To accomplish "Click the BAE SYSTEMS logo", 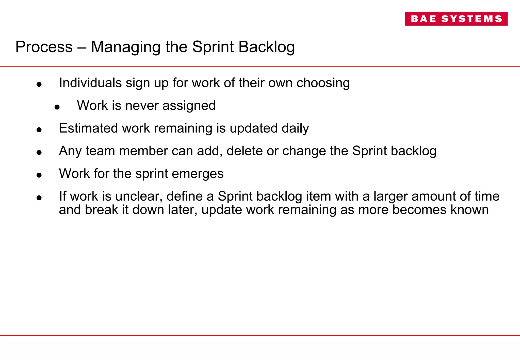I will point(456,19).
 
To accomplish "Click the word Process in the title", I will point(44,47).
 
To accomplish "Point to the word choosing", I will point(323,83).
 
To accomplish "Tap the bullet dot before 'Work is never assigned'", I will point(57,107).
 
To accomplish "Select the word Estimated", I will point(88,128).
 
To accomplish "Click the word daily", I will point(295,128).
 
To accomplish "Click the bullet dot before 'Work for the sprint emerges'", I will point(39,175).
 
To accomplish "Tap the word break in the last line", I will point(101,210).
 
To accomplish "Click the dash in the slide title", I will point(82,47).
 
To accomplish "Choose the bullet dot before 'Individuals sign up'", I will point(39,85).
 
